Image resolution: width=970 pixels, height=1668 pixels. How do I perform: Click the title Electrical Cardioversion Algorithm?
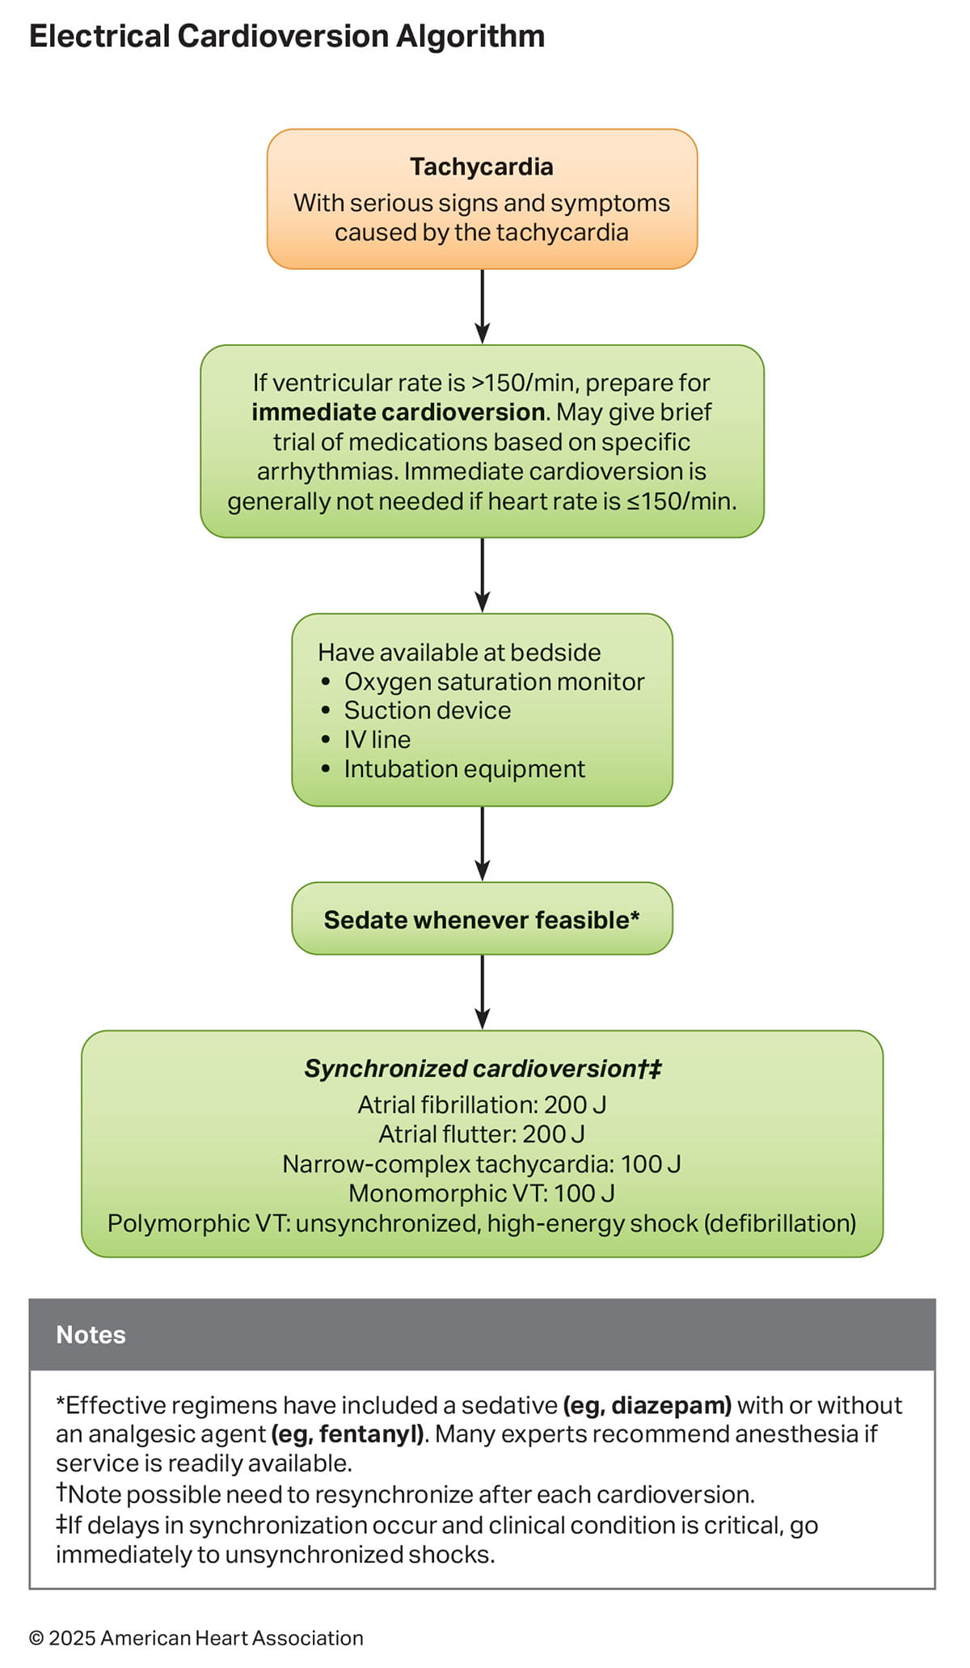287,36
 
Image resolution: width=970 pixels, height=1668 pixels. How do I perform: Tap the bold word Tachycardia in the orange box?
482,167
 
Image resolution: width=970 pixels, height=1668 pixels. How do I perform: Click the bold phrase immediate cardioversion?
398,412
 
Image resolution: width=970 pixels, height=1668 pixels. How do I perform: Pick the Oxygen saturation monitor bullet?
494,682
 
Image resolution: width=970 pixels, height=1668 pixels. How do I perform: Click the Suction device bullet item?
427,711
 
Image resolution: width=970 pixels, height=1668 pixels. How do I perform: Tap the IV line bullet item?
377,740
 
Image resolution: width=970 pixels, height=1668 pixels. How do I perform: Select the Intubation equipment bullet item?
464,769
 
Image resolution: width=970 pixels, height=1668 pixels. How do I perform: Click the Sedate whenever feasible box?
482,919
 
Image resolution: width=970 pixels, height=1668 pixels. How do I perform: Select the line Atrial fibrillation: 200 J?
482,1104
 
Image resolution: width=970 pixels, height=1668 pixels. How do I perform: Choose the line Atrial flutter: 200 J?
482,1134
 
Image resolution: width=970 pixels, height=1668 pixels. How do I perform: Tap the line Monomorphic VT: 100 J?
482,1193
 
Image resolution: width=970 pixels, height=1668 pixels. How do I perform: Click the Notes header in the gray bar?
91,1335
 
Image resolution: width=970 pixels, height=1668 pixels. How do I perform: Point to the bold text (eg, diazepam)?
647,1405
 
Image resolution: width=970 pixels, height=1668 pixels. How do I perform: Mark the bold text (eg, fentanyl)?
348,1434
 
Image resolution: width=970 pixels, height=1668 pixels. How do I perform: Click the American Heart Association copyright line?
196,1638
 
